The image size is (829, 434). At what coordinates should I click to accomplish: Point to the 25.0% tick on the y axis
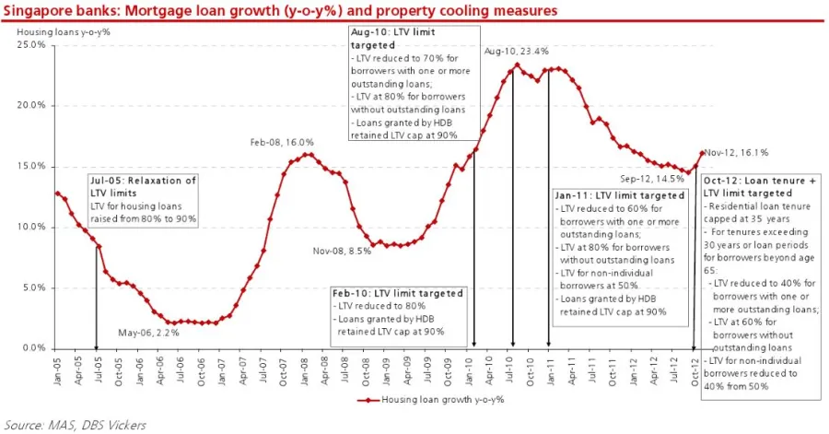point(31,45)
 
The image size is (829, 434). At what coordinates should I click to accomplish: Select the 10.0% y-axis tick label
point(31,227)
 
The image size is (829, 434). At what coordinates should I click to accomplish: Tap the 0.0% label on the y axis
point(33,348)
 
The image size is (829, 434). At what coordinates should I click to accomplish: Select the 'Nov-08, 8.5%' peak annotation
point(341,251)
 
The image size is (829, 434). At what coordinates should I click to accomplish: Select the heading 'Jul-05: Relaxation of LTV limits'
point(143,186)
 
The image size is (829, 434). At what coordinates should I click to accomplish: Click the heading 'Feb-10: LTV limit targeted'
point(397,293)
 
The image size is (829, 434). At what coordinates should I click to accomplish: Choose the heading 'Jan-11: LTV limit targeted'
point(620,195)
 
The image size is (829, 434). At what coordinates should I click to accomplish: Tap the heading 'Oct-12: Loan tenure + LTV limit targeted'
point(761,187)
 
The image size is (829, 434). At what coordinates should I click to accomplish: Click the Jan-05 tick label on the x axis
point(57,367)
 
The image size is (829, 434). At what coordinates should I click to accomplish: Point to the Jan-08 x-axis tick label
point(299,367)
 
